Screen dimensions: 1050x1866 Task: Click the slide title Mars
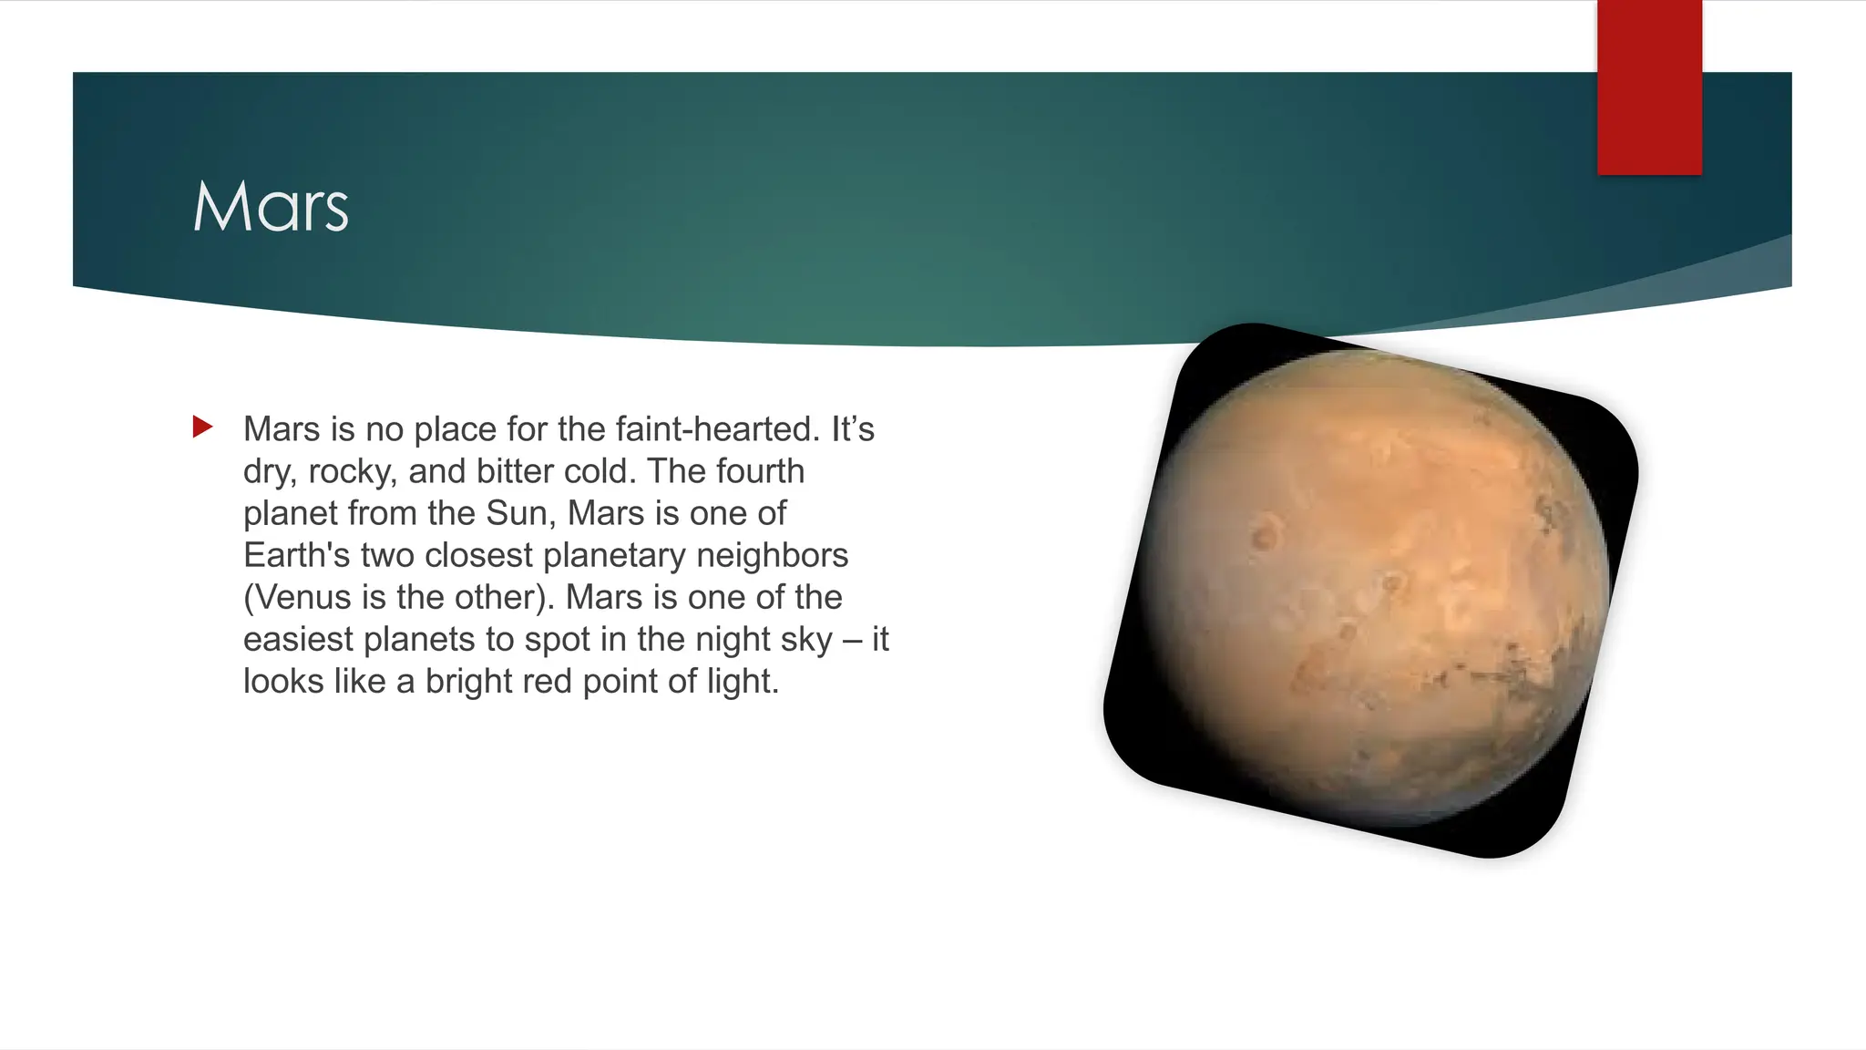(x=271, y=207)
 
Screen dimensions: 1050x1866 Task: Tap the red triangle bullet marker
(x=202, y=427)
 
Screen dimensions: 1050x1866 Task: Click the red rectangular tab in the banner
(x=1649, y=87)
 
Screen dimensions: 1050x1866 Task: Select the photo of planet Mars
(x=1371, y=590)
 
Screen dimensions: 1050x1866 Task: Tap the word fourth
(x=760, y=471)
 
